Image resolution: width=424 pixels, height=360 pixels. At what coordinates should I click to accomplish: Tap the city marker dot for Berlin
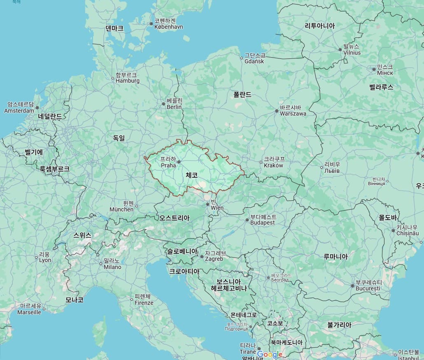pos(163,104)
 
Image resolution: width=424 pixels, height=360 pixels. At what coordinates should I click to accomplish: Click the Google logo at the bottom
pos(270,355)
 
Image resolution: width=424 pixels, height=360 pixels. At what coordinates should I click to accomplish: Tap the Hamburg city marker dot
pos(113,78)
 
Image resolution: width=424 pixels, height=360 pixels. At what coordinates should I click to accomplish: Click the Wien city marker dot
pos(208,204)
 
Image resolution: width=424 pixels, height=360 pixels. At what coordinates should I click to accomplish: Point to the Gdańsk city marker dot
pos(242,58)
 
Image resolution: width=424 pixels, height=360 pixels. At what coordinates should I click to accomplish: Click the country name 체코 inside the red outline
pos(191,175)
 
